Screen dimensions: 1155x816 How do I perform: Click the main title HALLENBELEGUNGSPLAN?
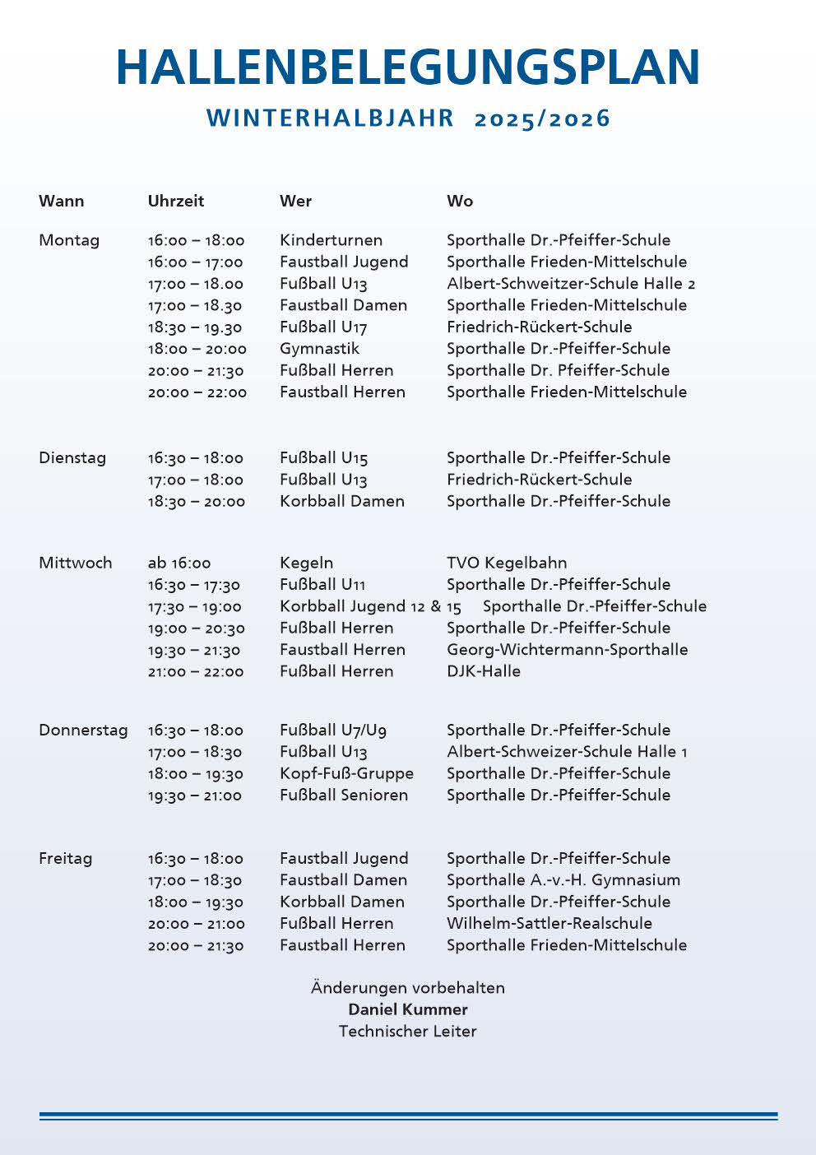[408, 67]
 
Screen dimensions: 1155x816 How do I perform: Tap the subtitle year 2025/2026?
[542, 118]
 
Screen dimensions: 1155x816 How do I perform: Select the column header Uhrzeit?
[176, 201]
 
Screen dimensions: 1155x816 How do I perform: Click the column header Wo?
[460, 201]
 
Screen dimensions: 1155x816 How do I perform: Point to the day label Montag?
[69, 240]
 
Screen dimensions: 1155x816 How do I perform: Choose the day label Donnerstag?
[83, 730]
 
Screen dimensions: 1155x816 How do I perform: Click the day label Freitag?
[65, 858]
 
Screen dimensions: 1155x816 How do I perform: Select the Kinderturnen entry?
[331, 240]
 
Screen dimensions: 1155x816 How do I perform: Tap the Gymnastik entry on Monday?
[319, 348]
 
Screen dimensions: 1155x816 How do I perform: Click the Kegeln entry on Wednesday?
[306, 563]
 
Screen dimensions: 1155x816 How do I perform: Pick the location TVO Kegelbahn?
[507, 563]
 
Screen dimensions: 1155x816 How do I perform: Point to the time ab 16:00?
[179, 564]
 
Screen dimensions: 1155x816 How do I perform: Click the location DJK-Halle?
[484, 671]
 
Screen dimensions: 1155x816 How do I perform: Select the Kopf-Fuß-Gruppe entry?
[346, 773]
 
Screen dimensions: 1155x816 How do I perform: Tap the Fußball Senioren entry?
[344, 795]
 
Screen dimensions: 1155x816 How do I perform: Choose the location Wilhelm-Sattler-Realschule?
[549, 923]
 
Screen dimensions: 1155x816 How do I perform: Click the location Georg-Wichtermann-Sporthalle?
[567, 649]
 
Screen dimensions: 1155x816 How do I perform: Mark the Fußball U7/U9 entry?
[333, 730]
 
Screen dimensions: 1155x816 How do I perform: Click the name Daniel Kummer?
[408, 1009]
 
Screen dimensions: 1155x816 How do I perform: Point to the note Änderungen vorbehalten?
[408, 987]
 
